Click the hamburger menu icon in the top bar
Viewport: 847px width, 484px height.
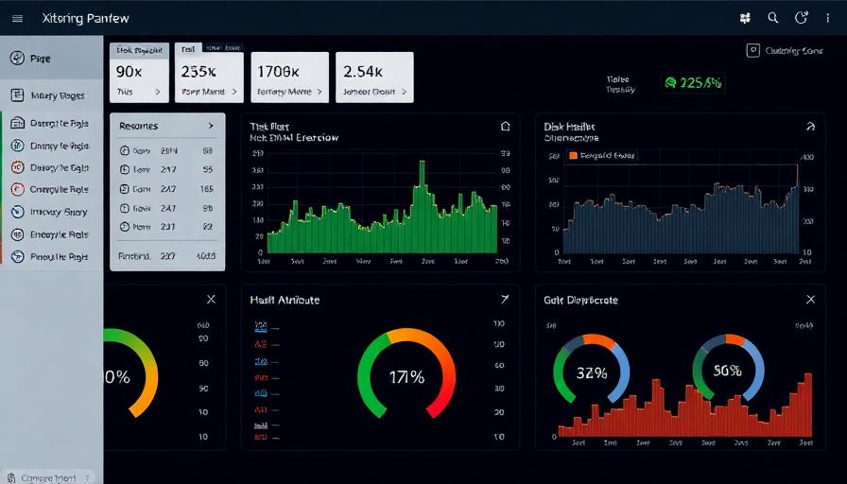[16, 18]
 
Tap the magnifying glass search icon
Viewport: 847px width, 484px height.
[773, 18]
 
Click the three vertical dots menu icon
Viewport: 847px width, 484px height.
[828, 18]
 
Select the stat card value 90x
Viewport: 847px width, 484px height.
[130, 71]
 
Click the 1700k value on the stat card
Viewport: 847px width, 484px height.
[278, 71]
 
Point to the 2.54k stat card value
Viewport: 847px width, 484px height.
[363, 71]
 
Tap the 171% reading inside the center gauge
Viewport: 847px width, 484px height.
[406, 376]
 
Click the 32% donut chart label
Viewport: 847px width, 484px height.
[591, 372]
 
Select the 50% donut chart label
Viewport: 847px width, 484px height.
[727, 372]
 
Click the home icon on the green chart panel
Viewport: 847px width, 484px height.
[505, 126]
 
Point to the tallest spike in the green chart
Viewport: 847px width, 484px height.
[421, 168]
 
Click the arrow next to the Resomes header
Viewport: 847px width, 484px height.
[211, 126]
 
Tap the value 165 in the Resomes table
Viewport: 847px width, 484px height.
[207, 189]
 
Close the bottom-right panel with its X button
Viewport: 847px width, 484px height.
[810, 300]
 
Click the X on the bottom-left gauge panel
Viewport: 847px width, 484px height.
[211, 300]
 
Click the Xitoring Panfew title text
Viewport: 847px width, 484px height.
[86, 18]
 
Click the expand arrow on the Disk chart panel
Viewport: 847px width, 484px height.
[809, 126]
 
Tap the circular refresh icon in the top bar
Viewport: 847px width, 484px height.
[802, 18]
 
